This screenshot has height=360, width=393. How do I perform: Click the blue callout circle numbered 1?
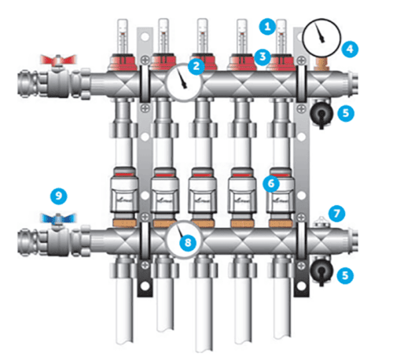[x=267, y=27]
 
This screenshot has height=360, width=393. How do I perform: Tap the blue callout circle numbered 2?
[x=196, y=66]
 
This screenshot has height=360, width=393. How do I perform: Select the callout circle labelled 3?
[x=263, y=57]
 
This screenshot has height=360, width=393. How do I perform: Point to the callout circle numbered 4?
[x=350, y=49]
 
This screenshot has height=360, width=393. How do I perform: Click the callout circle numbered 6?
[x=271, y=183]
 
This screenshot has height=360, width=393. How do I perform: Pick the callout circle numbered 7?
[x=336, y=213]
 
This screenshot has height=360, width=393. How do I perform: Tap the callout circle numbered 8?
[x=188, y=243]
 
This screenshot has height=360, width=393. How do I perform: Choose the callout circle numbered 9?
[x=59, y=196]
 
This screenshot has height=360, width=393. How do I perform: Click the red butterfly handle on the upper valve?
[x=58, y=60]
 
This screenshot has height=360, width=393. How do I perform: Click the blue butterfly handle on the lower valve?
[x=58, y=219]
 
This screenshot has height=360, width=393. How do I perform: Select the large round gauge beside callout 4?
[x=321, y=38]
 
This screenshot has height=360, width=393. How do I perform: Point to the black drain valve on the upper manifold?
[x=321, y=114]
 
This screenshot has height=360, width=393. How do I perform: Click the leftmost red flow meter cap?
[x=123, y=62]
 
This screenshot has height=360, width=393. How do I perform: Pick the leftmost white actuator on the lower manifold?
[x=124, y=190]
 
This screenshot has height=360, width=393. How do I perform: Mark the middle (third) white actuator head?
[x=203, y=190]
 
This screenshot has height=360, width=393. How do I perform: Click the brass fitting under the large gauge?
[x=321, y=64]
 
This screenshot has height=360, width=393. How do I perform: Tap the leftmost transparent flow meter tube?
[x=123, y=36]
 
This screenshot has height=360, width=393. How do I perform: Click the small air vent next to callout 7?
[x=321, y=223]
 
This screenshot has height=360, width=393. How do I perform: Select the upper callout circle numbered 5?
[x=346, y=113]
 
